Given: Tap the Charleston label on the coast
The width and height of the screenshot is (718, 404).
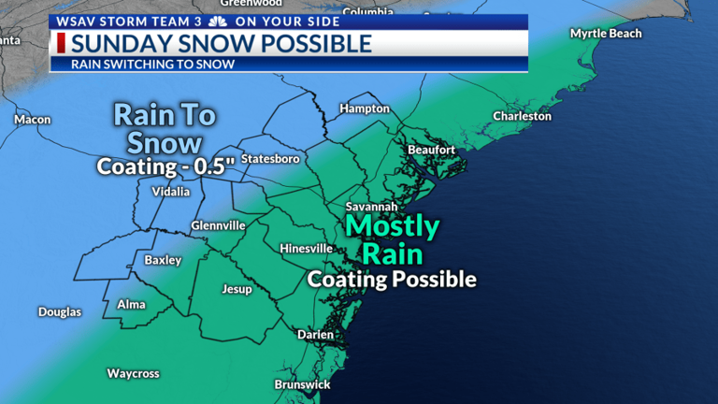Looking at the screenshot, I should (x=523, y=117).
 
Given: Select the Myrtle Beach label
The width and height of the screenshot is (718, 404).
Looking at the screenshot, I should (x=607, y=34).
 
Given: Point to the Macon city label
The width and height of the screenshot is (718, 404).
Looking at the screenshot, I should (x=33, y=120).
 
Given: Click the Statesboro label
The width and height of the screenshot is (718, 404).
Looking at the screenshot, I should (x=270, y=159).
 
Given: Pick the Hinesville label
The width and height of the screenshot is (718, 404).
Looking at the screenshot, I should (x=306, y=249).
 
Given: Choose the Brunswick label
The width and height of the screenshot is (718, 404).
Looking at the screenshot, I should (x=301, y=384).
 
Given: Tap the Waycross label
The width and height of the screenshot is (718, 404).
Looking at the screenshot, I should (x=133, y=373).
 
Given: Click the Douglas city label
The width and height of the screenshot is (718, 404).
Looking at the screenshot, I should (x=60, y=312).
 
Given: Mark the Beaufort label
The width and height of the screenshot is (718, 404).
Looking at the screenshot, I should (x=431, y=150).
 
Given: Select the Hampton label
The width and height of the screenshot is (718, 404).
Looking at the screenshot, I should (x=365, y=108).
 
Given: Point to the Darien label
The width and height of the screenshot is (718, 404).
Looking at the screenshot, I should (x=315, y=334).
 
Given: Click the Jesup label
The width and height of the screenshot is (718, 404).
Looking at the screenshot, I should (x=237, y=289).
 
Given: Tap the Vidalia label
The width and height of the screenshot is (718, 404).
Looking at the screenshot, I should (x=170, y=192).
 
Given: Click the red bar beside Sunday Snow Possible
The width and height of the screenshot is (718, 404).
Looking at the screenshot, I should (x=62, y=43).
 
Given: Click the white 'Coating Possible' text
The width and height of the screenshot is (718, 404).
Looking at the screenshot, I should (x=392, y=279).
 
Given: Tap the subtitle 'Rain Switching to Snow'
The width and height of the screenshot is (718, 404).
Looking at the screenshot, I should (x=152, y=65).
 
